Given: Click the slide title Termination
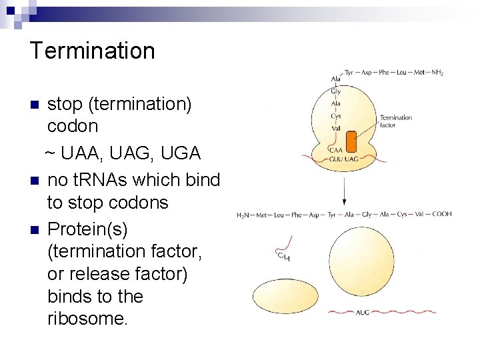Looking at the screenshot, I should click(x=92, y=51).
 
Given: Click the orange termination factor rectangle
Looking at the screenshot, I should click(x=352, y=142).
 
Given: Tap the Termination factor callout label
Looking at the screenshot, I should click(x=395, y=121).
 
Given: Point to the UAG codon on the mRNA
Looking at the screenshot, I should click(x=351, y=159).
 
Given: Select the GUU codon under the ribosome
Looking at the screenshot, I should click(x=337, y=159).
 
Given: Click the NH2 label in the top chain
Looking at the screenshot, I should click(x=437, y=72).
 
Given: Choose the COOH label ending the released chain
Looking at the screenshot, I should click(x=441, y=214).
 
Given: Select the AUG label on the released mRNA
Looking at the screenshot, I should click(x=363, y=312).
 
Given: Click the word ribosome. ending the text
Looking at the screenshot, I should click(x=87, y=319).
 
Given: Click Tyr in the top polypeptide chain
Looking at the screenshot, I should click(x=349, y=72).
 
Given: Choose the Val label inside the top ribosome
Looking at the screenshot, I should click(x=335, y=128).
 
